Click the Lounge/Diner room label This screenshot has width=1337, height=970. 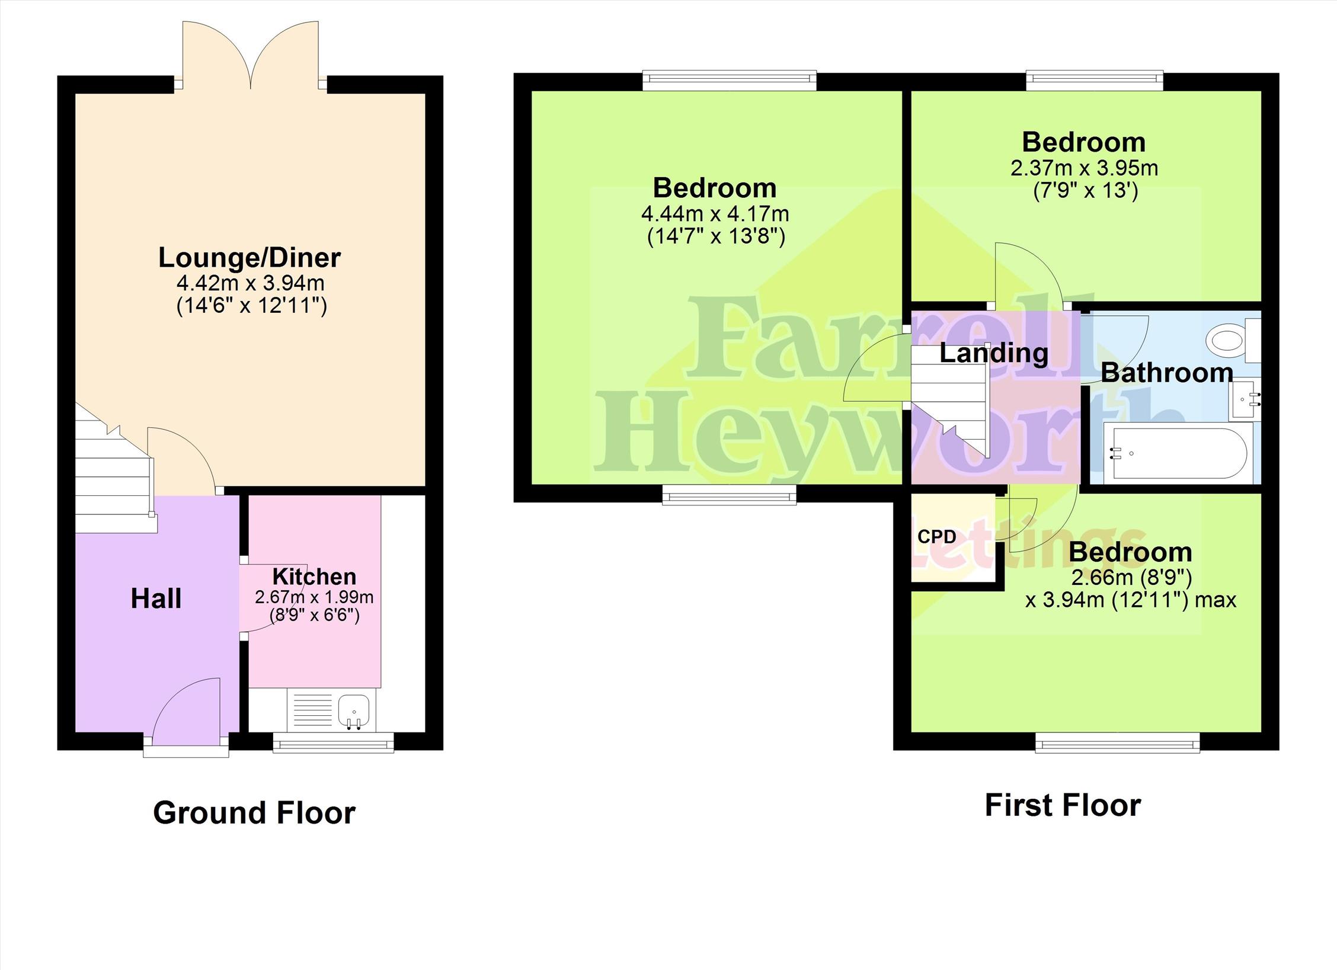250,258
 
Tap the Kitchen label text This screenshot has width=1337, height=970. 314,576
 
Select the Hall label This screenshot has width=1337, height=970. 156,598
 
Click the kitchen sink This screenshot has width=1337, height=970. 354,710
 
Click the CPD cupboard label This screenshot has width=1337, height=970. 937,537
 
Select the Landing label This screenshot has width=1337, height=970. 994,353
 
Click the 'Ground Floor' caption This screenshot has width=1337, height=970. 254,812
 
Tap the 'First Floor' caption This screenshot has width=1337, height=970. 1063,805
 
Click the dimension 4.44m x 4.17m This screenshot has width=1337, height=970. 715,213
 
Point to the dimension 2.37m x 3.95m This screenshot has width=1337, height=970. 1084,168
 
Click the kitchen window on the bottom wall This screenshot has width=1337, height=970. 334,742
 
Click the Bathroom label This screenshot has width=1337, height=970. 1167,373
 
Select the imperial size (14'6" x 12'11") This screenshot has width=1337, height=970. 252,306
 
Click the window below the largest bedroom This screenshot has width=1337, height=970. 729,494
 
